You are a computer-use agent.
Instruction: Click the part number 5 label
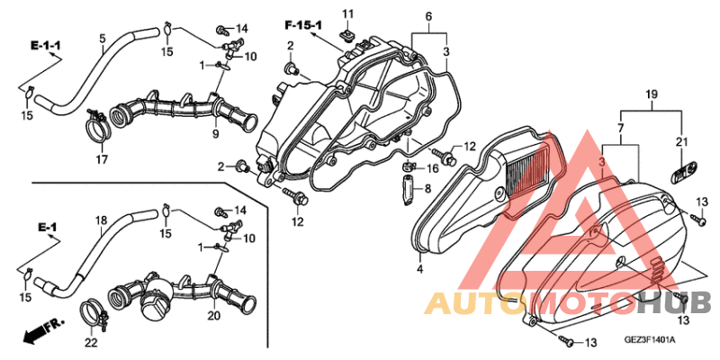click(x=103, y=39)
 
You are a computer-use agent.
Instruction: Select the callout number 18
click(x=100, y=220)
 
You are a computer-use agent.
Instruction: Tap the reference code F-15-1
click(x=302, y=25)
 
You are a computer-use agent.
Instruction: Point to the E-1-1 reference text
click(x=46, y=46)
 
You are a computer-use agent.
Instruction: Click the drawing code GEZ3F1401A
click(x=649, y=340)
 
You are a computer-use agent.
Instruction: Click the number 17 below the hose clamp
click(x=102, y=159)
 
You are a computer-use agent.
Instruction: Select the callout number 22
click(x=91, y=343)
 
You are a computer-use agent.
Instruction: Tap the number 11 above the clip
click(x=348, y=13)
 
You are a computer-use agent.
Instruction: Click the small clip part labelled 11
click(x=347, y=33)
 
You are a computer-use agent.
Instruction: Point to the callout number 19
click(x=651, y=94)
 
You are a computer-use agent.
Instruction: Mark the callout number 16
click(x=433, y=169)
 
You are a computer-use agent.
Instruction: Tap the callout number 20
click(x=214, y=316)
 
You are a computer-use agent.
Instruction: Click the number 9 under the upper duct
click(x=215, y=133)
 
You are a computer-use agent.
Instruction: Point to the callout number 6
click(x=428, y=17)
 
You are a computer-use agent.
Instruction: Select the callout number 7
click(x=620, y=128)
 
